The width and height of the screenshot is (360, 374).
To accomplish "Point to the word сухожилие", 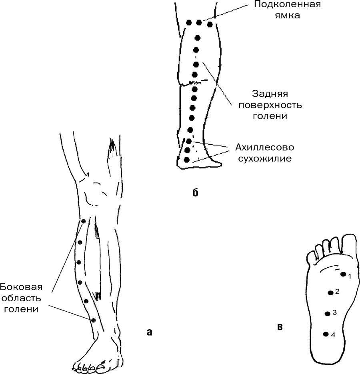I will (x=265, y=158).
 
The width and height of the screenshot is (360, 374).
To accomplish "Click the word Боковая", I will (x=21, y=287).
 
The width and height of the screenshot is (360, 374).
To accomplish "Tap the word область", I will (x=24, y=298).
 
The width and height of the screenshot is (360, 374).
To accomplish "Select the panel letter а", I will (x=150, y=331).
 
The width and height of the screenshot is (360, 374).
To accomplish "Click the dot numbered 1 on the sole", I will (x=343, y=274).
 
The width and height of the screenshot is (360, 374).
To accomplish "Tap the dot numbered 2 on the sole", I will (x=330, y=293).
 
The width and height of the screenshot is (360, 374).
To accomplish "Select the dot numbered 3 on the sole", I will (x=328, y=314).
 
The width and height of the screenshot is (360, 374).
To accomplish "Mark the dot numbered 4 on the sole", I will (x=326, y=334).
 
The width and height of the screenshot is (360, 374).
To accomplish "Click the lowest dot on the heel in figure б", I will (x=186, y=160).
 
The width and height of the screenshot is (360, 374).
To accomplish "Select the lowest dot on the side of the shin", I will (x=93, y=320).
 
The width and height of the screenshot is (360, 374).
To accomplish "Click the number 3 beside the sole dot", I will (x=334, y=312).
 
